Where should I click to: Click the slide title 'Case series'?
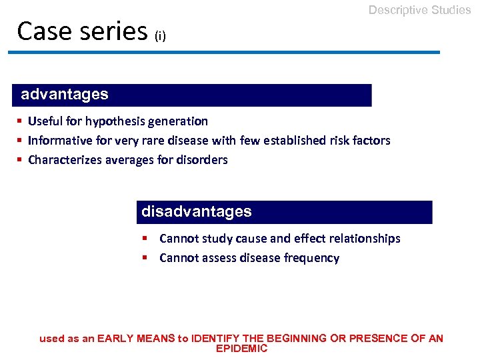pyautogui.click(x=82, y=31)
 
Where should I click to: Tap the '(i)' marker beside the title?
pyautogui.click(x=160, y=36)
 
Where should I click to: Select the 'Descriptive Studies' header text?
pyautogui.click(x=419, y=10)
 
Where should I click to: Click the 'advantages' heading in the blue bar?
pyautogui.click(x=65, y=95)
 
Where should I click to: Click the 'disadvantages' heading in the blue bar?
pyautogui.click(x=197, y=212)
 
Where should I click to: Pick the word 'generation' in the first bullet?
pyautogui.click(x=180, y=121)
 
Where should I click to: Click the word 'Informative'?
pyautogui.click(x=57, y=141)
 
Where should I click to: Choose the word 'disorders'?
pyautogui.click(x=203, y=160)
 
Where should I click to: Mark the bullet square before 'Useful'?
pyautogui.click(x=21, y=121)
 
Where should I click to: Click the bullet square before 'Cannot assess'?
pyautogui.click(x=145, y=258)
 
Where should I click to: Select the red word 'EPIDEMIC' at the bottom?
pyautogui.click(x=241, y=349)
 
